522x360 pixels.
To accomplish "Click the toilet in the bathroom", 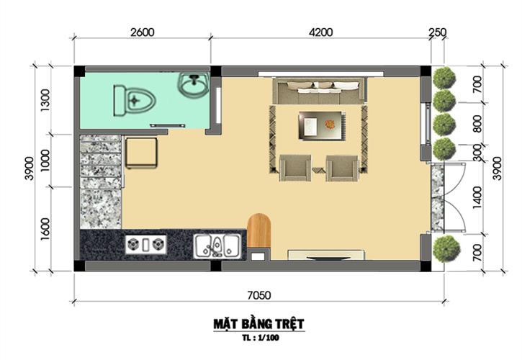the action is [x=134, y=100].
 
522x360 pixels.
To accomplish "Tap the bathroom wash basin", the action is [x=194, y=84].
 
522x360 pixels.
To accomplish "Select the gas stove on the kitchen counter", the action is [x=146, y=245].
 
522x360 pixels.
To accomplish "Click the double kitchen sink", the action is [x=217, y=246].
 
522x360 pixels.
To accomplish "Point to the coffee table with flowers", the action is [x=322, y=125].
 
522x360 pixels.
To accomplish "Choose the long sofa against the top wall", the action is [x=319, y=91].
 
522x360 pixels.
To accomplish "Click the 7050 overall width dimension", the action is [x=259, y=295].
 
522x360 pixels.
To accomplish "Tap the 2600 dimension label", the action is [x=142, y=32].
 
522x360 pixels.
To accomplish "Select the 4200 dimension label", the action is [x=320, y=32].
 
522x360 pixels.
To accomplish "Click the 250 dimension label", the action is [x=437, y=32].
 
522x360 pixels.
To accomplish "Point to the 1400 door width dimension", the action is [x=477, y=197].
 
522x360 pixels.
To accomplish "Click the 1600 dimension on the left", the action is [x=45, y=229].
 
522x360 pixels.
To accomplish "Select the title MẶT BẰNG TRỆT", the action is [x=258, y=324].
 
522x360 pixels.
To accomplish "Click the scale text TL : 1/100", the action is [x=261, y=338].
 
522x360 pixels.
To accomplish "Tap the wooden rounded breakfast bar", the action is [x=258, y=230].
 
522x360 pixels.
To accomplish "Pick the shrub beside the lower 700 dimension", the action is [x=446, y=249].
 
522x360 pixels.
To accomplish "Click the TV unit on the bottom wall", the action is [x=326, y=255].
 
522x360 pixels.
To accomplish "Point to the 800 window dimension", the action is [x=477, y=124].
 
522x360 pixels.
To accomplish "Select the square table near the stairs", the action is [x=142, y=153].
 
